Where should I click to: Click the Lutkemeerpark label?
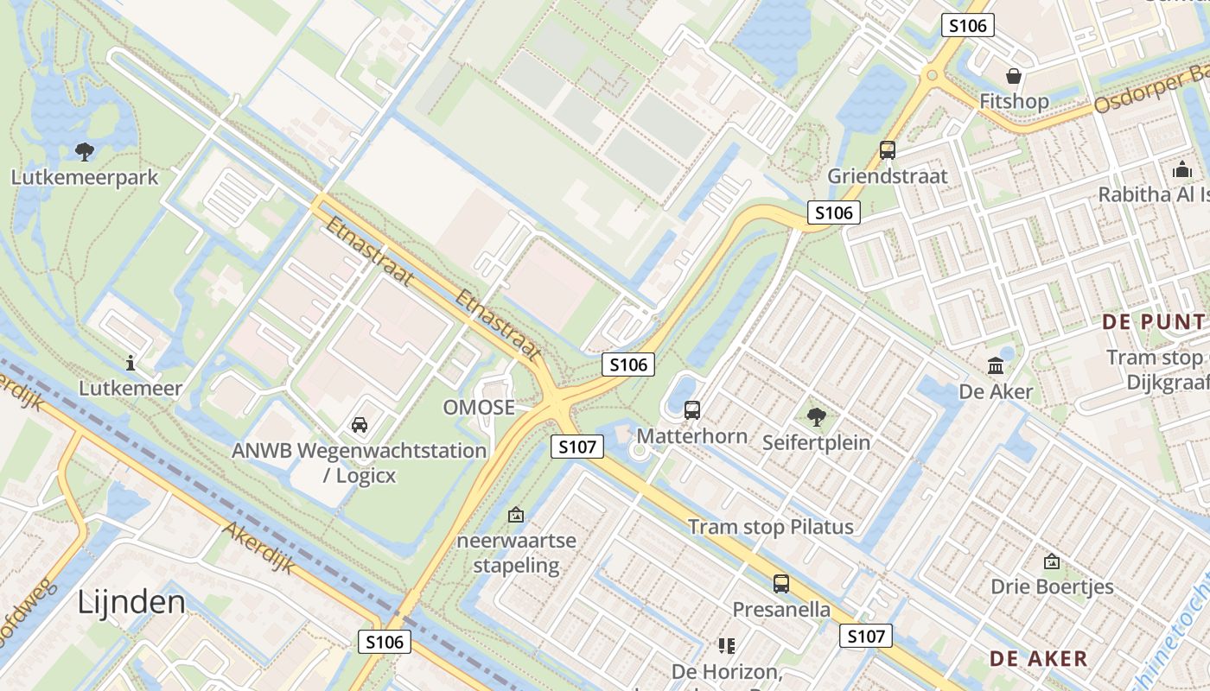pos(85,177)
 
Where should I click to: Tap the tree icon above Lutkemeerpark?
pos(85,152)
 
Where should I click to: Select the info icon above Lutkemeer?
pos(131,363)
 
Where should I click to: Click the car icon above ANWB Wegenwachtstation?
pos(359,425)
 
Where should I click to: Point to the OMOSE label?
pos(479,408)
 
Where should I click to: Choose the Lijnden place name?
pos(131,601)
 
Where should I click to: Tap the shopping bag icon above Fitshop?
pos(1014,76)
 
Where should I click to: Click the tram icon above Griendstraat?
pos(888,150)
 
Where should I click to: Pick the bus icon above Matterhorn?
pos(692,410)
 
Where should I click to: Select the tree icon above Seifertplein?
pos(816,418)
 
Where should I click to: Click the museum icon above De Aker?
pos(996,366)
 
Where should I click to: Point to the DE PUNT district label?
pos(1153,322)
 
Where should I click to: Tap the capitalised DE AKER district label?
pos(1039,659)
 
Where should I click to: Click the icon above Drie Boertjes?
pos(1052,561)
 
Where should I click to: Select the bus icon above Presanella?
pos(781,584)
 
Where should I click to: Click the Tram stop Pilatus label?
pos(770,527)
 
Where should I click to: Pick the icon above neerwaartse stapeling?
pos(516,516)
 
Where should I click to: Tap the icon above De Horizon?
pos(727,646)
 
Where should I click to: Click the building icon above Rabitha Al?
pos(1182,169)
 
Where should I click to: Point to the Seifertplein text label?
pos(816,442)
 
